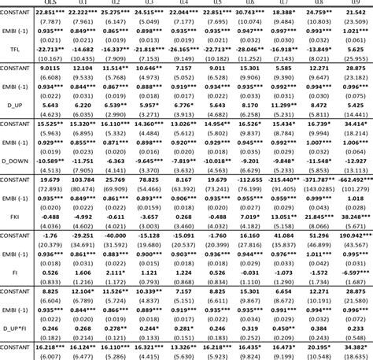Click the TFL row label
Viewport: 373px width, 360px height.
(15, 49)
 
